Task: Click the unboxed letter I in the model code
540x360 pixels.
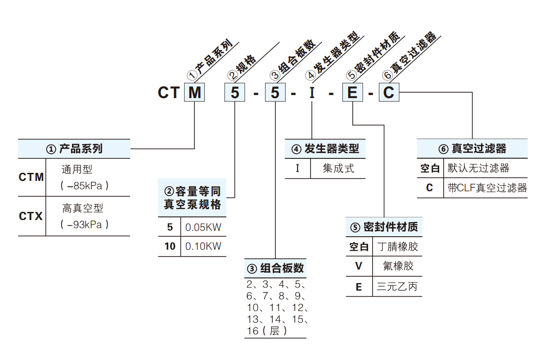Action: coord(312,93)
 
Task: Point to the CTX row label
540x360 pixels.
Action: coord(31,216)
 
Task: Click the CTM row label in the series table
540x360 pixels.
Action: coord(31,177)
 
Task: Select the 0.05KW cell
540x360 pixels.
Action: coord(203,227)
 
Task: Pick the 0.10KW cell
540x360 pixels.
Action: coord(203,246)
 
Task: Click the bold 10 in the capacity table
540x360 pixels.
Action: coord(170,246)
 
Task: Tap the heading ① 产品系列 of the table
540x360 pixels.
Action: coord(74,149)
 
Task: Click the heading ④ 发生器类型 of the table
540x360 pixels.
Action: coord(325,149)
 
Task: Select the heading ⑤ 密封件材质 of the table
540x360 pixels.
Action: coord(384,227)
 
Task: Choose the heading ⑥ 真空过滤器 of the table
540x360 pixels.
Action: coord(472,149)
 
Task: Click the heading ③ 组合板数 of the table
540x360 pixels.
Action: coord(275,269)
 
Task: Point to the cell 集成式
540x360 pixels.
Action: coord(338,169)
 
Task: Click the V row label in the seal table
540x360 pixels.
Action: coord(359,266)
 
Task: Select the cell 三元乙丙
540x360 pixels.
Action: coord(397,287)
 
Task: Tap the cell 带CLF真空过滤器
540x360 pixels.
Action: coord(487,188)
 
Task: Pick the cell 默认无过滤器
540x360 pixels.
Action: coord(478,168)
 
